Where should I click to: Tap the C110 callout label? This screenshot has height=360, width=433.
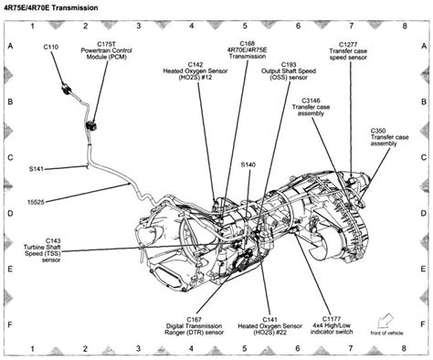point(52,45)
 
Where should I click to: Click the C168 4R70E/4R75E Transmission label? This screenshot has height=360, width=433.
point(248,49)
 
